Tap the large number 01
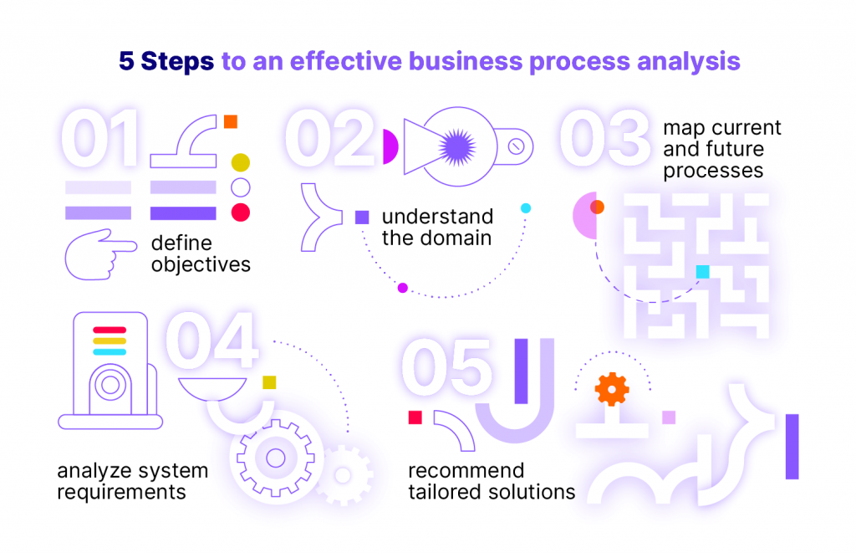coord(100,138)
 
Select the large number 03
coord(605,138)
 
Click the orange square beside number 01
coord(231,121)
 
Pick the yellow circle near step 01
coord(240,162)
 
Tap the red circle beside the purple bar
coord(240,212)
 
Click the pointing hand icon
coord(100,254)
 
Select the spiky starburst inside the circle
coord(457,147)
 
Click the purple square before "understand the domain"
coord(362,217)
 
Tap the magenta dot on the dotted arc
coord(402,288)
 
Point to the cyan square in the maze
coord(702,272)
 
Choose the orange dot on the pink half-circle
coord(597,207)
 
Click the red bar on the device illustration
coord(110,330)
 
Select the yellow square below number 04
coord(269,382)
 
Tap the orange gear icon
coord(611,389)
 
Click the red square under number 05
coord(415,417)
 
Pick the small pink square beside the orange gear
coord(669,417)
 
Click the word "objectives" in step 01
coord(201,265)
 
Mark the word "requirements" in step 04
coord(122,492)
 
